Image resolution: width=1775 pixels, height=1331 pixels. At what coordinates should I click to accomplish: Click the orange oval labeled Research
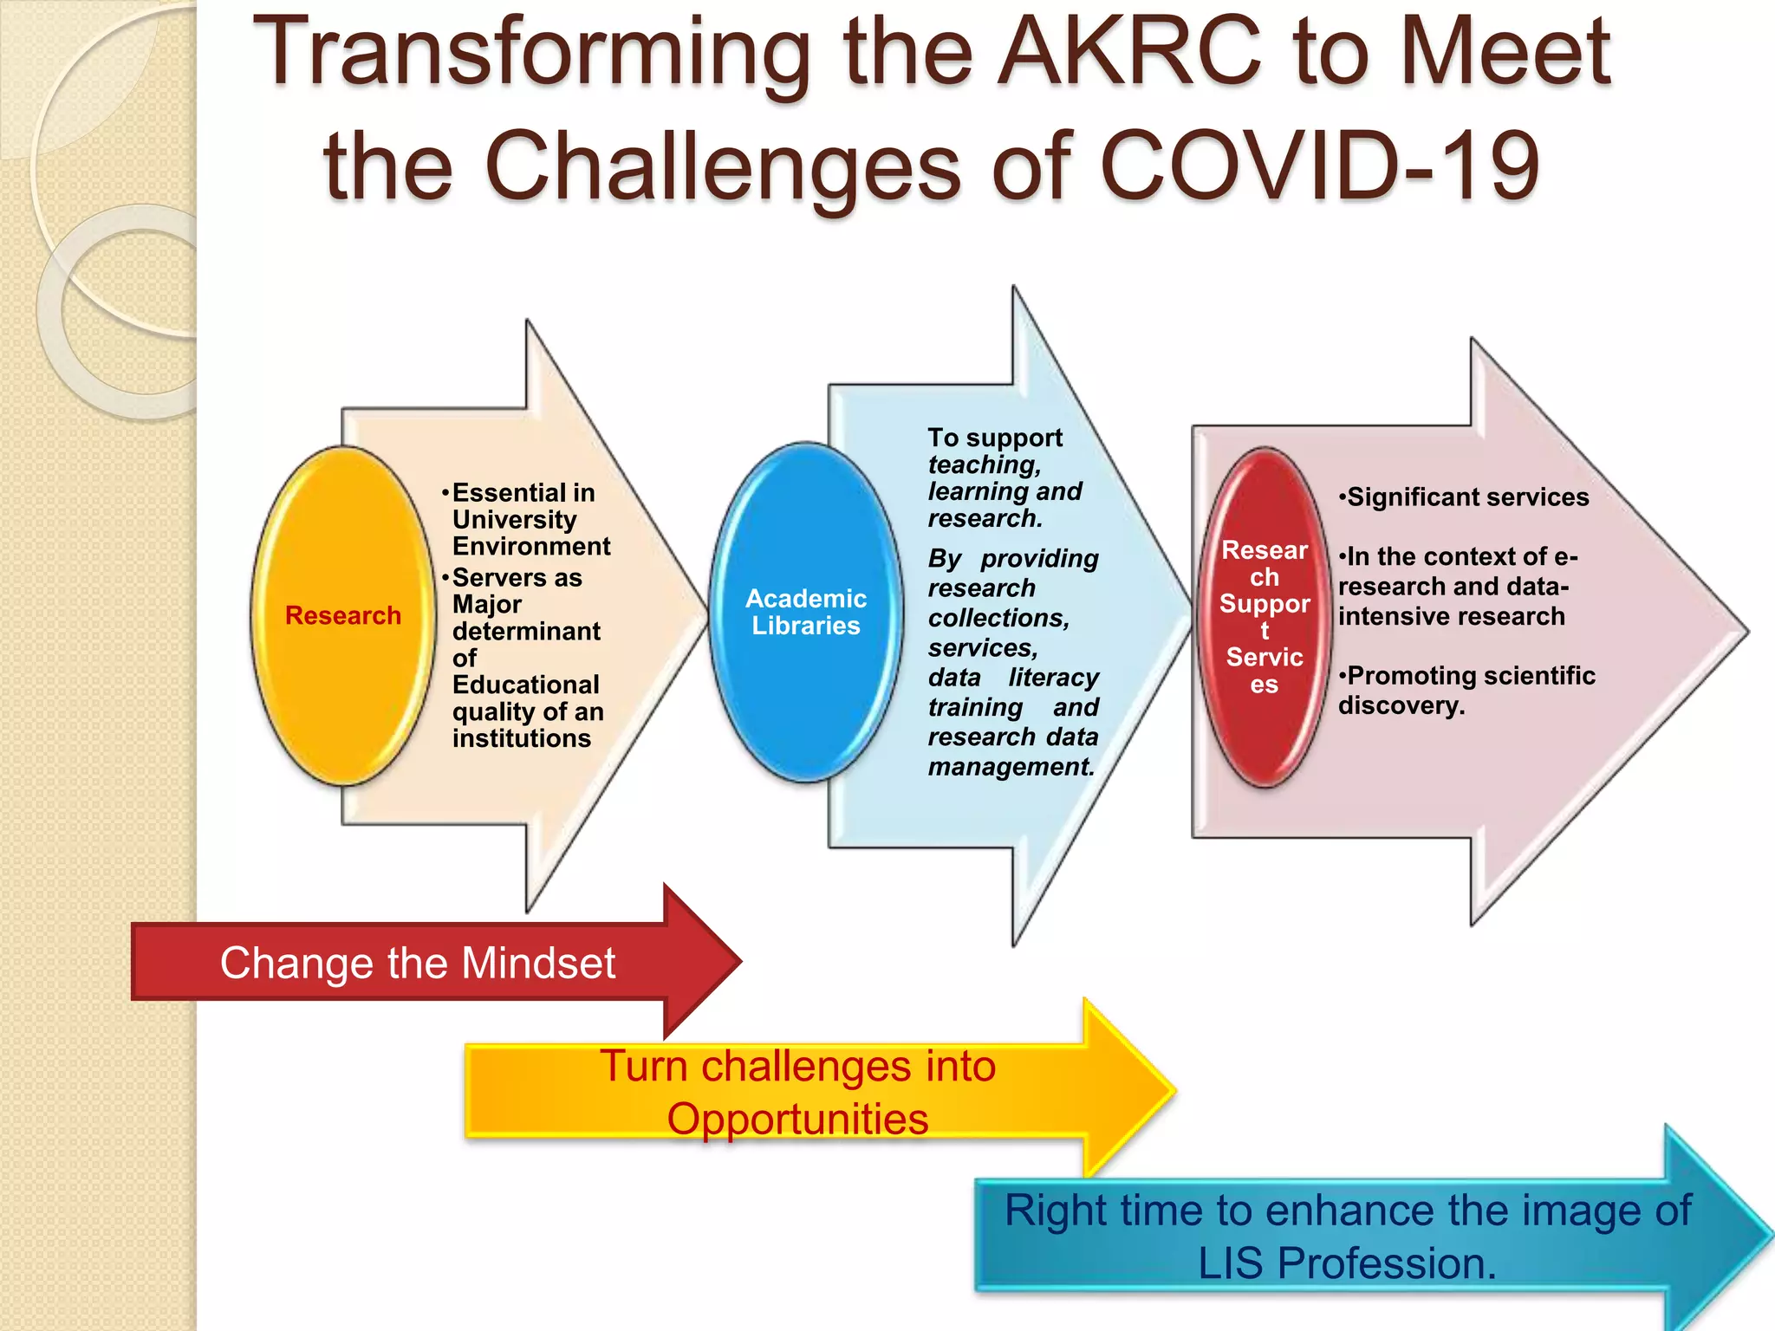(x=343, y=615)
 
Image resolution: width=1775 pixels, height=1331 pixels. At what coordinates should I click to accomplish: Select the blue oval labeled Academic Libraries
(x=805, y=612)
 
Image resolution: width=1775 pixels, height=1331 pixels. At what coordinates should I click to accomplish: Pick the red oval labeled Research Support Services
(x=1264, y=617)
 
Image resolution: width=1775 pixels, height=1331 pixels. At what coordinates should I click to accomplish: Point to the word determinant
(x=526, y=632)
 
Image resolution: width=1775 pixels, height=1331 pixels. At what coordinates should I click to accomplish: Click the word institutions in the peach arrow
(x=521, y=739)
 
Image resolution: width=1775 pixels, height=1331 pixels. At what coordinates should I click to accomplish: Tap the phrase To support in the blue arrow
(x=994, y=438)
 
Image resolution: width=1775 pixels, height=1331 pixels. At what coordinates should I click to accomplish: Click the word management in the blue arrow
(x=1010, y=768)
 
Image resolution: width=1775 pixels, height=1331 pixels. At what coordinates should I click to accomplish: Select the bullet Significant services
(x=1465, y=497)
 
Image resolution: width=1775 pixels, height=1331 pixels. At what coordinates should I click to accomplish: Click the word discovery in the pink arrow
(x=1400, y=706)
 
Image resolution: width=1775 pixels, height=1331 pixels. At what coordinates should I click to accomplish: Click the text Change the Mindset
(x=417, y=963)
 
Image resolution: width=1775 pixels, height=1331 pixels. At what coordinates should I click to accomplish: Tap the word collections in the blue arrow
(x=997, y=619)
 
